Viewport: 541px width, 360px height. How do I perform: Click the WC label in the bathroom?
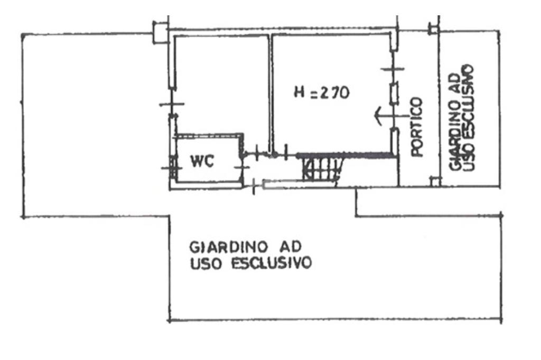pyautogui.click(x=202, y=162)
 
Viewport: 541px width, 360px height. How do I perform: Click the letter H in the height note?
pyautogui.click(x=300, y=93)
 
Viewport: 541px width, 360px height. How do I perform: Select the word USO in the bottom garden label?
pyautogui.click(x=203, y=262)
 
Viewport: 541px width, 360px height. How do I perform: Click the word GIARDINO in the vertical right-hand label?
pyautogui.click(x=455, y=137)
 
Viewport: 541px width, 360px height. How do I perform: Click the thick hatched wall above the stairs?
pyautogui.click(x=346, y=155)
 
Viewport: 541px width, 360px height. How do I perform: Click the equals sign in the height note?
pyautogui.click(x=314, y=93)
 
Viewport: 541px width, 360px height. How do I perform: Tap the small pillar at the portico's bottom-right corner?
pyautogui.click(x=434, y=182)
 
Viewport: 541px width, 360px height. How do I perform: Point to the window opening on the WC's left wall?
pyautogui.click(x=171, y=164)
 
